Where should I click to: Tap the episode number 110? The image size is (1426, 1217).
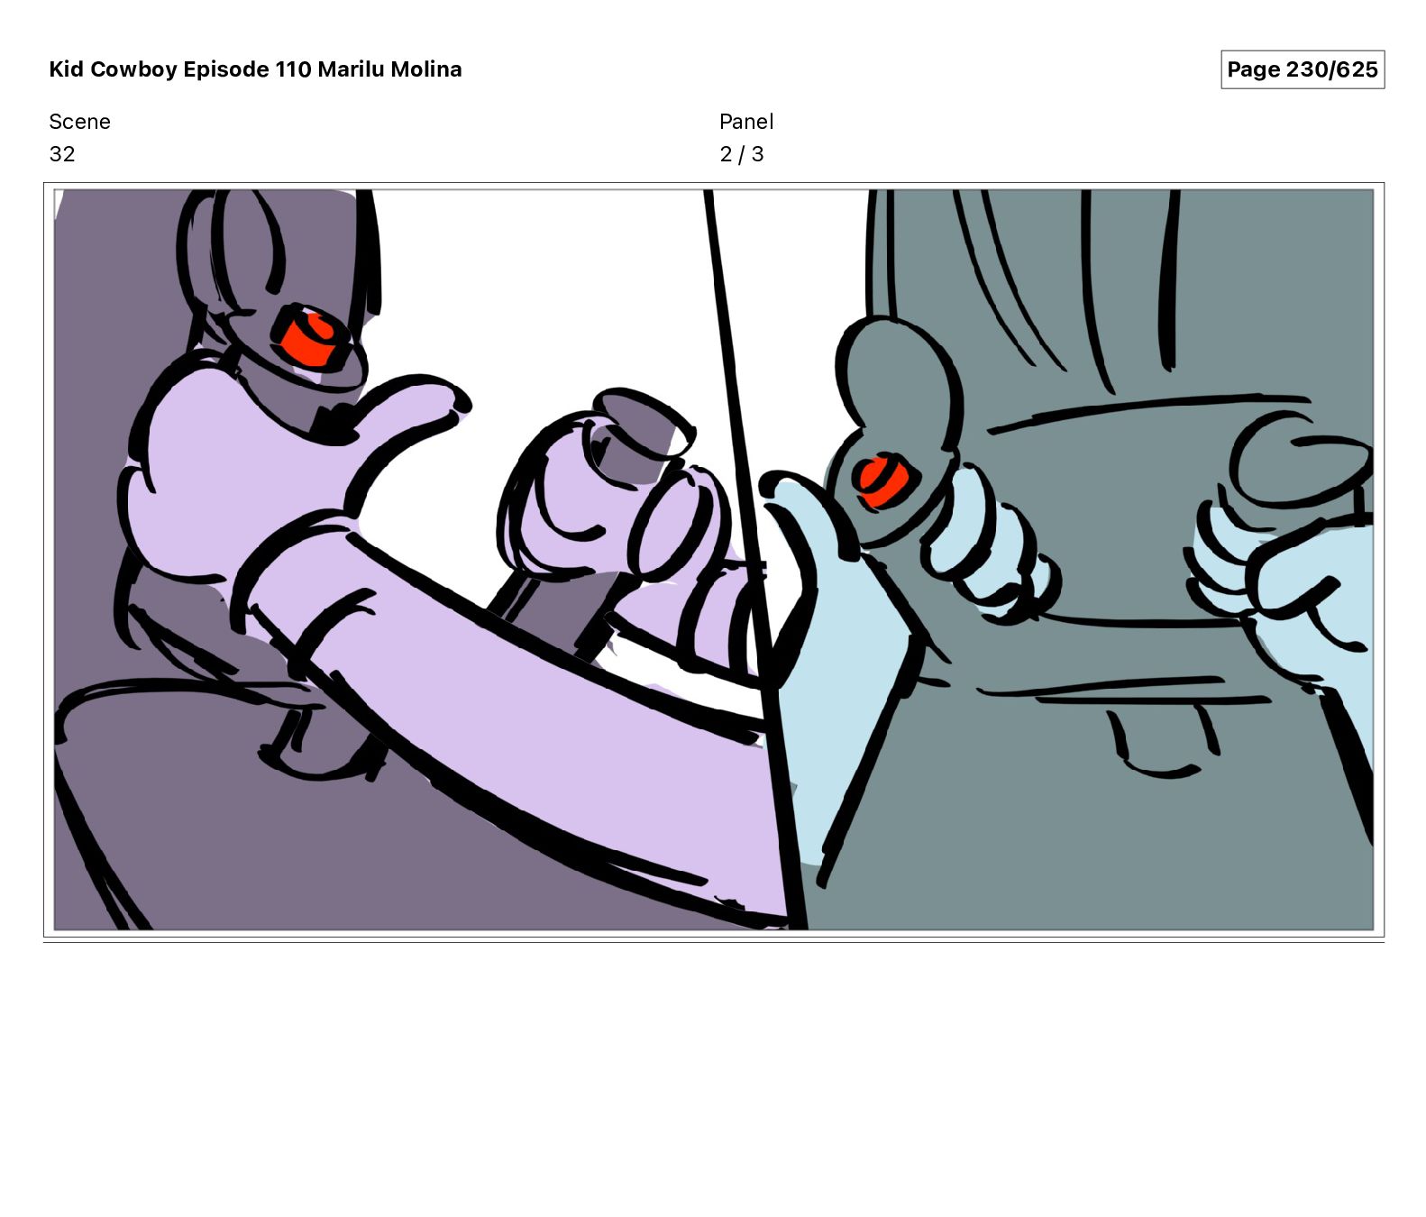click(x=293, y=69)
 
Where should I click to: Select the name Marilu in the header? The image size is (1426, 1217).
click(x=351, y=69)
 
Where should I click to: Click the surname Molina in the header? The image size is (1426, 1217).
click(x=425, y=69)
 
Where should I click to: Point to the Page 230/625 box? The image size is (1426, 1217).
click(x=1303, y=69)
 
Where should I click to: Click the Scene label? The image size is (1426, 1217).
click(x=79, y=122)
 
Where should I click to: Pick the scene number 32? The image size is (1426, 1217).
click(x=62, y=154)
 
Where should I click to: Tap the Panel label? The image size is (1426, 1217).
click(x=746, y=122)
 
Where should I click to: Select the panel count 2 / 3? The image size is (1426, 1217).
click(x=741, y=154)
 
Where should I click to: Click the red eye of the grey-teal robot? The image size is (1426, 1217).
click(x=881, y=481)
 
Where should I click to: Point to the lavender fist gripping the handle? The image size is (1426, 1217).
click(x=604, y=505)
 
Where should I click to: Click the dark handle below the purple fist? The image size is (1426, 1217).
click(x=550, y=613)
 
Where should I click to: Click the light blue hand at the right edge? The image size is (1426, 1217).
click(x=1298, y=586)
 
